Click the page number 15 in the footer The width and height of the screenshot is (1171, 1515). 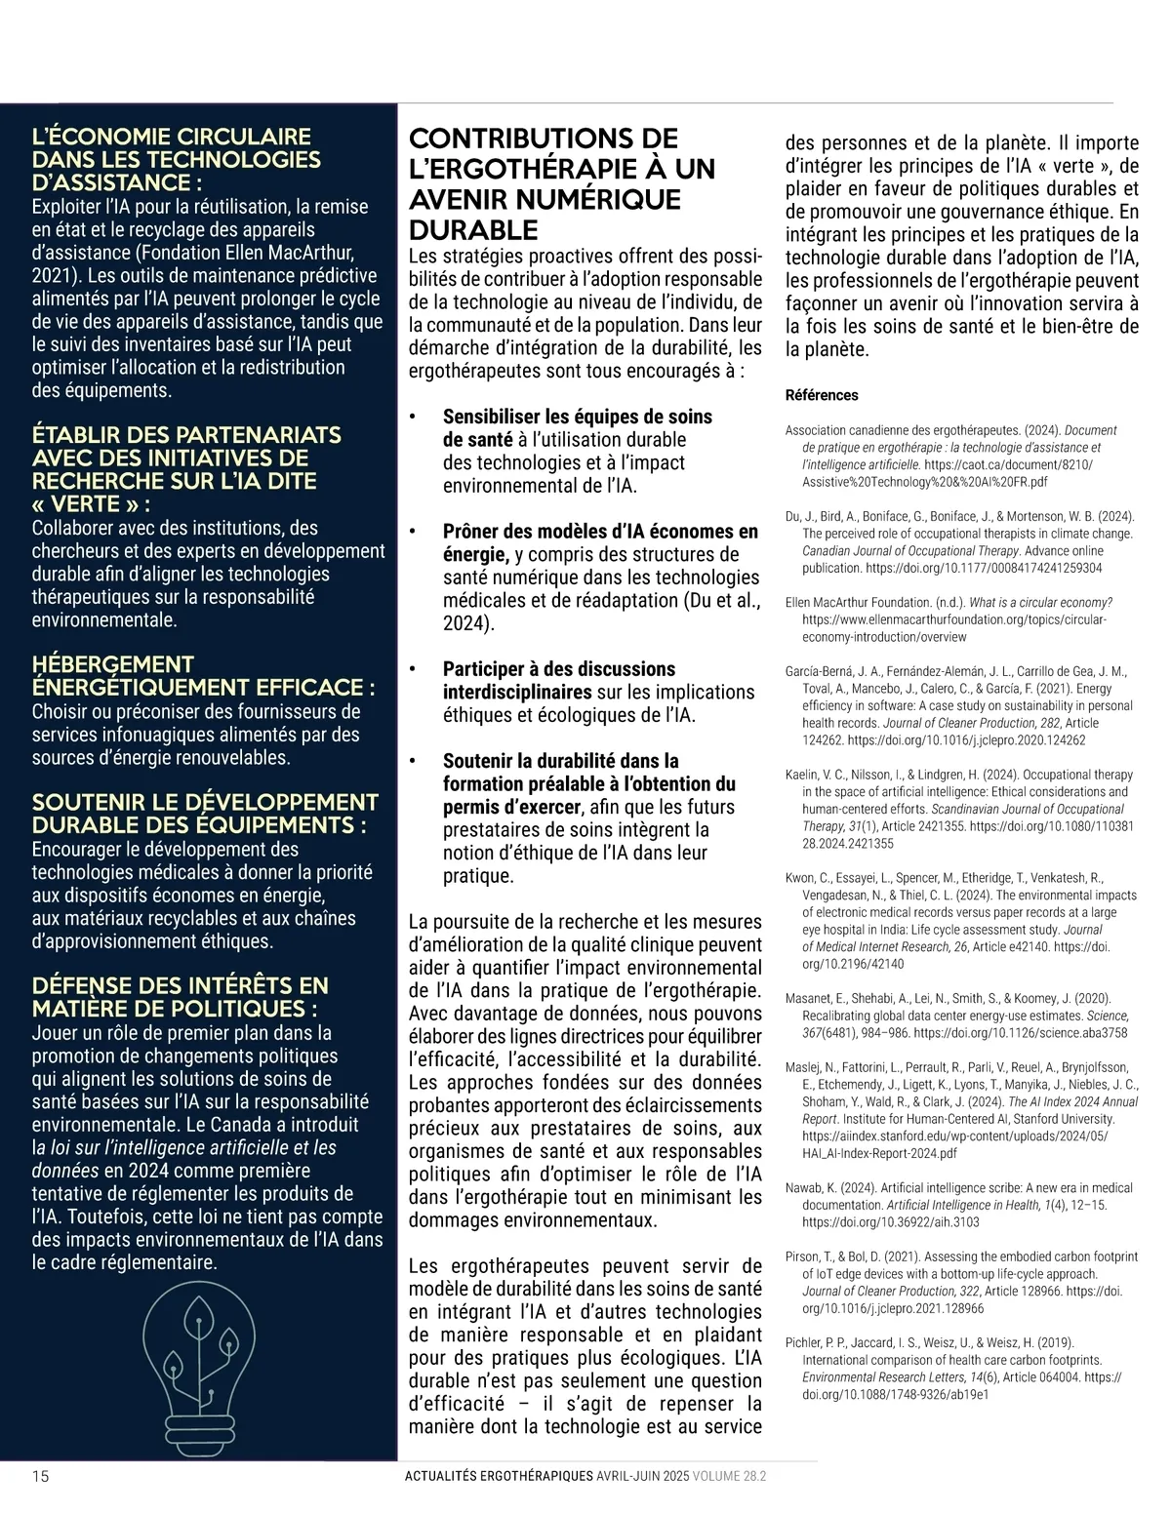pos(41,1476)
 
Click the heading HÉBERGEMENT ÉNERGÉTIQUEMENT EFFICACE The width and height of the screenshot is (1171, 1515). pos(203,676)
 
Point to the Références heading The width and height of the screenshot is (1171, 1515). pos(822,395)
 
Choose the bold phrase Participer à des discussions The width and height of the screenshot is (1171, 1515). pos(558,668)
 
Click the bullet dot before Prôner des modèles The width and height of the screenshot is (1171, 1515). pos(414,533)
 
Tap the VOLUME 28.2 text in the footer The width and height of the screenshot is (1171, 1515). pos(729,1476)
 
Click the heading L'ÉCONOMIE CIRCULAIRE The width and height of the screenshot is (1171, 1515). pos(172,137)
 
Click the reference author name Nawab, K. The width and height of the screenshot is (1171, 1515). pos(813,1187)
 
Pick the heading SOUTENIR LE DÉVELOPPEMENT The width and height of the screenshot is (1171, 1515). pos(205,802)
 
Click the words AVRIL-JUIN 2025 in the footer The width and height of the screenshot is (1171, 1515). pos(642,1476)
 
